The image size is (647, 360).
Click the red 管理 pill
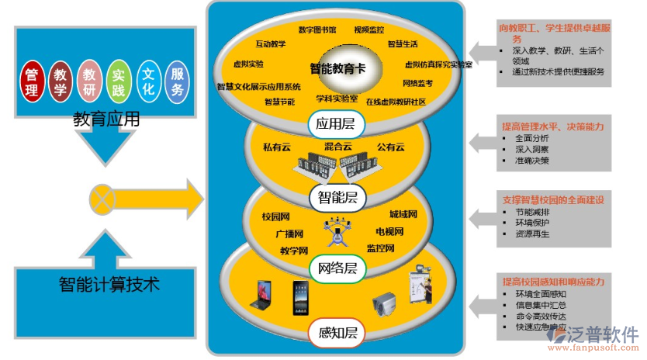point(32,81)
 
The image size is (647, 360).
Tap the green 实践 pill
point(119,81)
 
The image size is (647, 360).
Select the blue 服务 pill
point(178,81)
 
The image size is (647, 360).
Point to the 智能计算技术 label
point(109,284)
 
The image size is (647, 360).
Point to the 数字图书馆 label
point(317,30)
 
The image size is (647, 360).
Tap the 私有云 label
point(277,147)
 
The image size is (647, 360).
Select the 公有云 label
point(392,147)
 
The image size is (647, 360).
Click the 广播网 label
point(289,234)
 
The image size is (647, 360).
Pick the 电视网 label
point(389,232)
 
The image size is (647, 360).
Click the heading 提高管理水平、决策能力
point(552,126)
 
